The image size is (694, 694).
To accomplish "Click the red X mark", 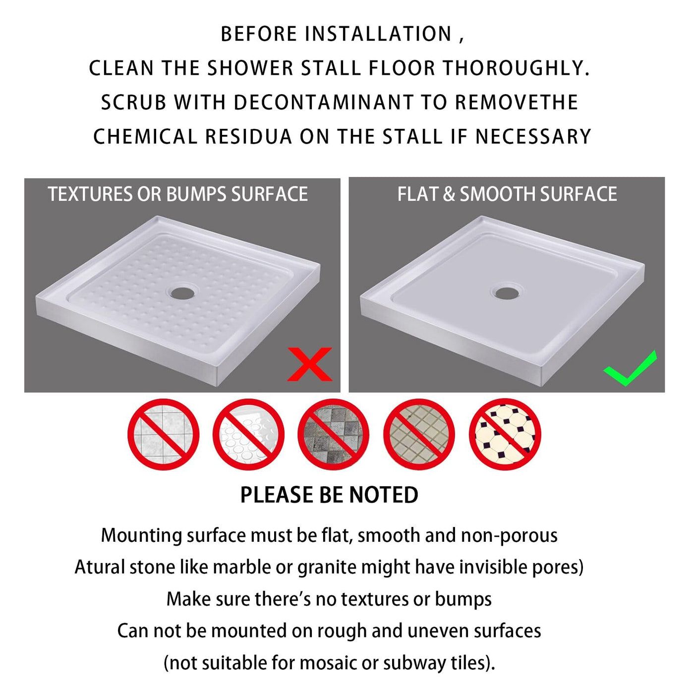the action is [x=309, y=364].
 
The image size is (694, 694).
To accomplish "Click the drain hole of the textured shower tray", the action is [x=182, y=293].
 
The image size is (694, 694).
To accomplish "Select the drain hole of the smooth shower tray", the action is [x=507, y=293].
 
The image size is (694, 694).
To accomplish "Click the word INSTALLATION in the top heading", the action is [x=378, y=34].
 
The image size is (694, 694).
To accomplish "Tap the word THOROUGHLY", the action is [x=516, y=68].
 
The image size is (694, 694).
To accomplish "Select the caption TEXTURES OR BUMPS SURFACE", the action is [x=178, y=194].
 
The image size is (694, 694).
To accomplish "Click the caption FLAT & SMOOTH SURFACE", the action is [x=507, y=194].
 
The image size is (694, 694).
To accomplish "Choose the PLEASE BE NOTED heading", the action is [x=329, y=495].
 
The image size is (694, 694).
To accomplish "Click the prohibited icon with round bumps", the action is [x=248, y=434].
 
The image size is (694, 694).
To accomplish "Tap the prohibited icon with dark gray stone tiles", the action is [x=334, y=434].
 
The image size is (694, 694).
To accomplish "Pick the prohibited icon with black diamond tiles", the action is [x=505, y=434].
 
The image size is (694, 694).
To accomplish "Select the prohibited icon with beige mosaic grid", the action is [x=419, y=434].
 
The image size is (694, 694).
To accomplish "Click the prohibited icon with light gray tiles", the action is [x=163, y=434].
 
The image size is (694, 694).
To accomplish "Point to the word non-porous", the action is [x=509, y=536].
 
